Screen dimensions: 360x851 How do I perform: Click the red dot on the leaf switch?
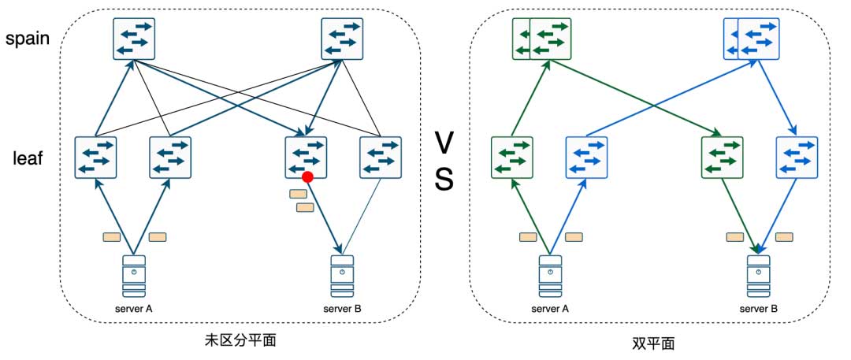(x=308, y=177)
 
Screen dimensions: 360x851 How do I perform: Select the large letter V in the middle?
(x=444, y=143)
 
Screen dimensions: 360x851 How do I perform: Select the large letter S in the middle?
(x=444, y=181)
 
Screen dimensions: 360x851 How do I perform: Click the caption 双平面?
(x=653, y=343)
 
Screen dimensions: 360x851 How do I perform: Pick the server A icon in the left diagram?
(x=134, y=275)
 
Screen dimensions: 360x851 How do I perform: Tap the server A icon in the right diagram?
(x=549, y=275)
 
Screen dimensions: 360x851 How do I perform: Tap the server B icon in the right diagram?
(x=758, y=275)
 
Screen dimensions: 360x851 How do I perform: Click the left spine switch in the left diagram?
(x=134, y=38)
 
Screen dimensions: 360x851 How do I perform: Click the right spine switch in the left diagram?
(x=342, y=38)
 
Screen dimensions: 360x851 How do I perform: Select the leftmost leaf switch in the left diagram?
(x=96, y=158)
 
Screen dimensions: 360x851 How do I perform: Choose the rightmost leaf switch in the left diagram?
(x=380, y=158)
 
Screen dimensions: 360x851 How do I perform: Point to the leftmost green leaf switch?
(x=512, y=158)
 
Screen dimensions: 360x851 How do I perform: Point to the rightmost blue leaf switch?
(x=797, y=158)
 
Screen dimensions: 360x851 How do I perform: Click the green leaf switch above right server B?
(x=721, y=158)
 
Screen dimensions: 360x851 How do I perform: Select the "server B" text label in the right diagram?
(x=758, y=308)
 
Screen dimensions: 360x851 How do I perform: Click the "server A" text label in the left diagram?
(x=134, y=308)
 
